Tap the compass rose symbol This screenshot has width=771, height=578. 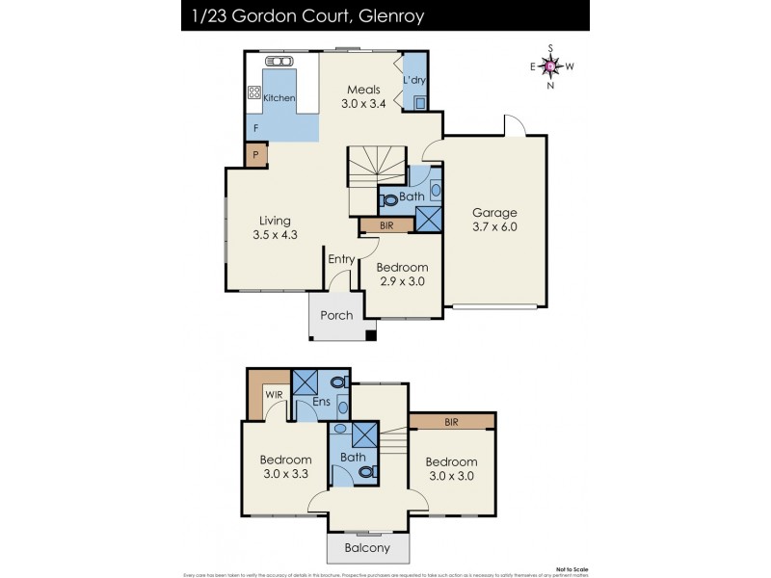click(550, 66)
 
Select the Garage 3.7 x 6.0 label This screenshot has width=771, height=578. click(494, 220)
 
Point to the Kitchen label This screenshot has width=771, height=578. click(279, 98)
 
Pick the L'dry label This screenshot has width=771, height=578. click(414, 79)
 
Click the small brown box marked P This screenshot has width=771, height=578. click(255, 154)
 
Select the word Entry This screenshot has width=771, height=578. click(341, 259)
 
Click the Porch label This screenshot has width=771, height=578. click(335, 315)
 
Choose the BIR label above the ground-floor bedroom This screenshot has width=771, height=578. click(386, 225)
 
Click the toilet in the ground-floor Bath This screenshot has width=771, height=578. click(388, 200)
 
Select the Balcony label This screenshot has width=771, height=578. click(367, 548)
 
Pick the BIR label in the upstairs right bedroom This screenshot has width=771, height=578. click(451, 422)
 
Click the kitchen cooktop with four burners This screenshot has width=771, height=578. click(255, 93)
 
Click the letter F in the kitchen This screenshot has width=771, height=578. click(255, 127)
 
